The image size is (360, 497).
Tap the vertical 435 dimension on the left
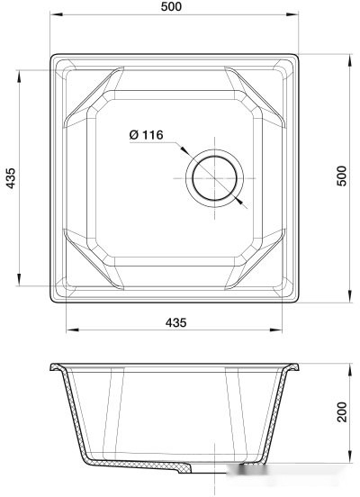pyautogui.click(x=10, y=178)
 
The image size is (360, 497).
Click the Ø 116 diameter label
pyautogui.click(x=145, y=135)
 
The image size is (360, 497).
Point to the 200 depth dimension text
pyautogui.click(x=341, y=412)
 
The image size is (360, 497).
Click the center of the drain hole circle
pyautogui.click(x=214, y=175)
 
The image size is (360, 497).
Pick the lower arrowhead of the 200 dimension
pyautogui.click(x=349, y=465)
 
